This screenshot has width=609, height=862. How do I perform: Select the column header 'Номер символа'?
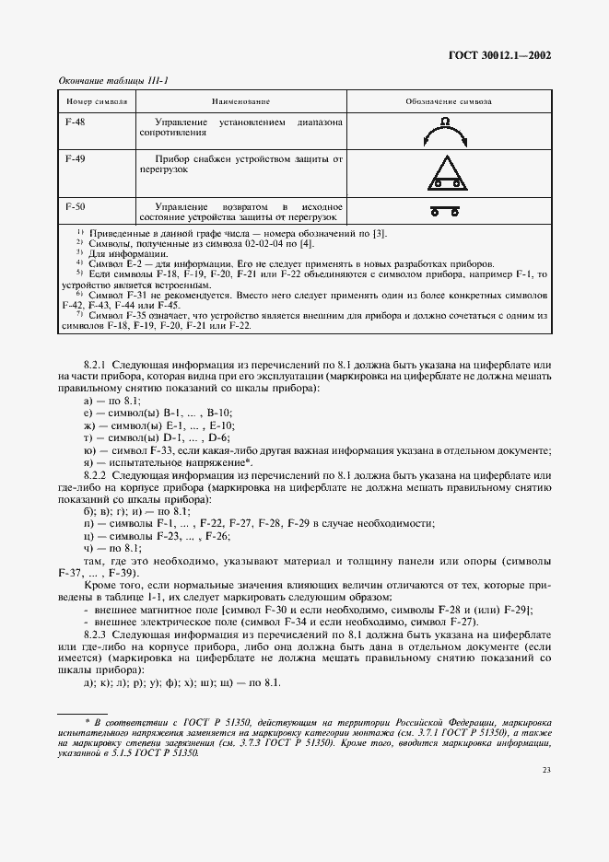click(x=97, y=99)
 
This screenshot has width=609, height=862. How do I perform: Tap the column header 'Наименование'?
click(x=240, y=99)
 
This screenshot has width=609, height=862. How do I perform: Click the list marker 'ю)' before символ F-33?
click(x=88, y=450)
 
